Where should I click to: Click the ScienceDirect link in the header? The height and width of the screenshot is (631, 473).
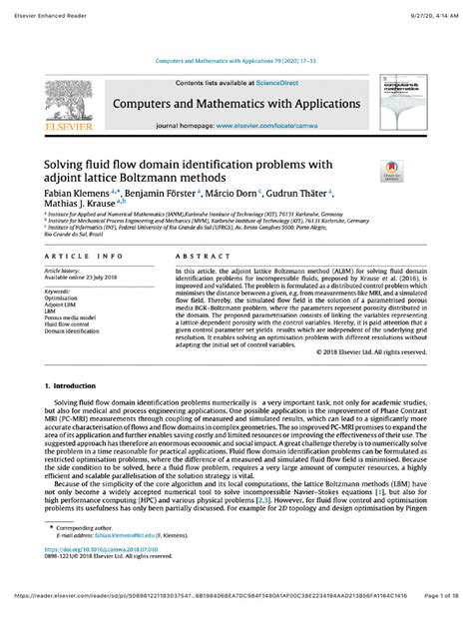(270, 84)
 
